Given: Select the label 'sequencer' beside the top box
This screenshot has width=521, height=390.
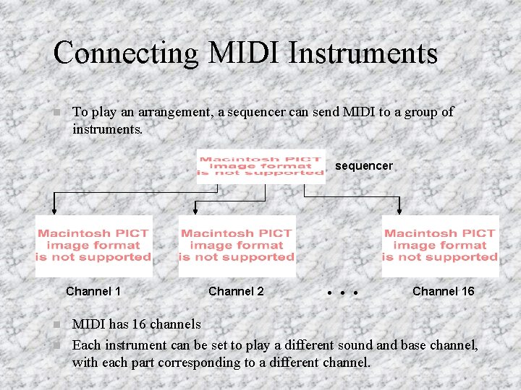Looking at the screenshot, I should pyautogui.click(x=363, y=166).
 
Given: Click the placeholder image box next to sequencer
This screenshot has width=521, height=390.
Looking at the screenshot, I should pyautogui.click(x=261, y=166).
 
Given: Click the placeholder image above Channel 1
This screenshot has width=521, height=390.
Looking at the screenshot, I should pyautogui.click(x=93, y=246).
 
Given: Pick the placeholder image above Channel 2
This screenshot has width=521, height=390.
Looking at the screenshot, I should pyautogui.click(x=237, y=246).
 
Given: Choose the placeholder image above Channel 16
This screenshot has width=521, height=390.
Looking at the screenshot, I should pyautogui.click(x=440, y=246).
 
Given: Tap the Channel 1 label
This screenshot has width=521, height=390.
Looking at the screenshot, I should pyautogui.click(x=93, y=292).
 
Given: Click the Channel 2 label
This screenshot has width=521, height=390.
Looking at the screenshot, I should pyautogui.click(x=236, y=292).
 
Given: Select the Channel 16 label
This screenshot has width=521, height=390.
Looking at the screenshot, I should pyautogui.click(x=443, y=292).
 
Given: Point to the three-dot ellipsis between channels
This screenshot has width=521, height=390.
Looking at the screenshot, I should pyautogui.click(x=342, y=294).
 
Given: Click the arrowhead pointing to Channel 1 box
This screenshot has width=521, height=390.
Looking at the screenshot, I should pyautogui.click(x=54, y=212).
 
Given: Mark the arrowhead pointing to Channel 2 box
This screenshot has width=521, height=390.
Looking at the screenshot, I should pyautogui.click(x=195, y=212).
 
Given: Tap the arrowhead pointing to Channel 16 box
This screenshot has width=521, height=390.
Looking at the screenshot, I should pyautogui.click(x=399, y=212).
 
